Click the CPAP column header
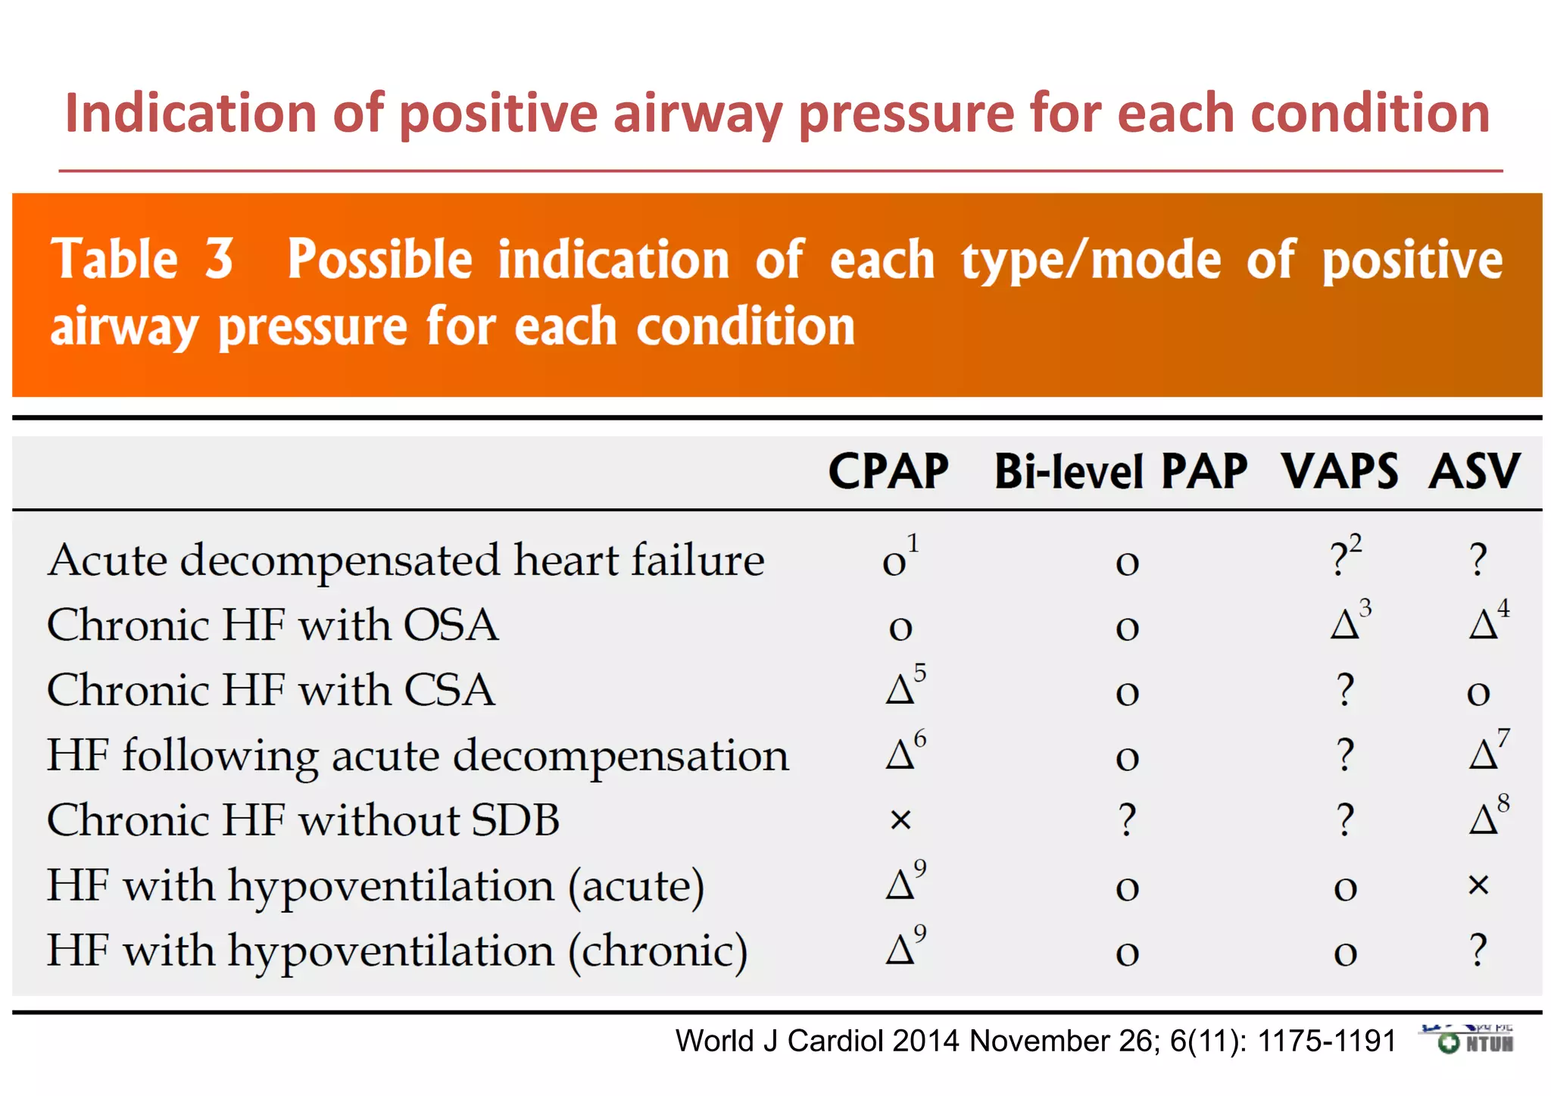888,472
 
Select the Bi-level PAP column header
1120,472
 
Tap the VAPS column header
1339,472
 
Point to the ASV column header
1474,472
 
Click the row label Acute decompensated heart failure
405,560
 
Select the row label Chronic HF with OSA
273,626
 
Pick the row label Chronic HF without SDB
303,820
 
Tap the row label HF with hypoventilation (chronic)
397,951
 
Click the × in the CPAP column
900,820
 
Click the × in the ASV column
1478,885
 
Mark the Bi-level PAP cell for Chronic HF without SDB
1127,820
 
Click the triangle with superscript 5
900,690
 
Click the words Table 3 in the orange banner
142,260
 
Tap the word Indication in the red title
190,114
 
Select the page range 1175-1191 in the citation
1327,1041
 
